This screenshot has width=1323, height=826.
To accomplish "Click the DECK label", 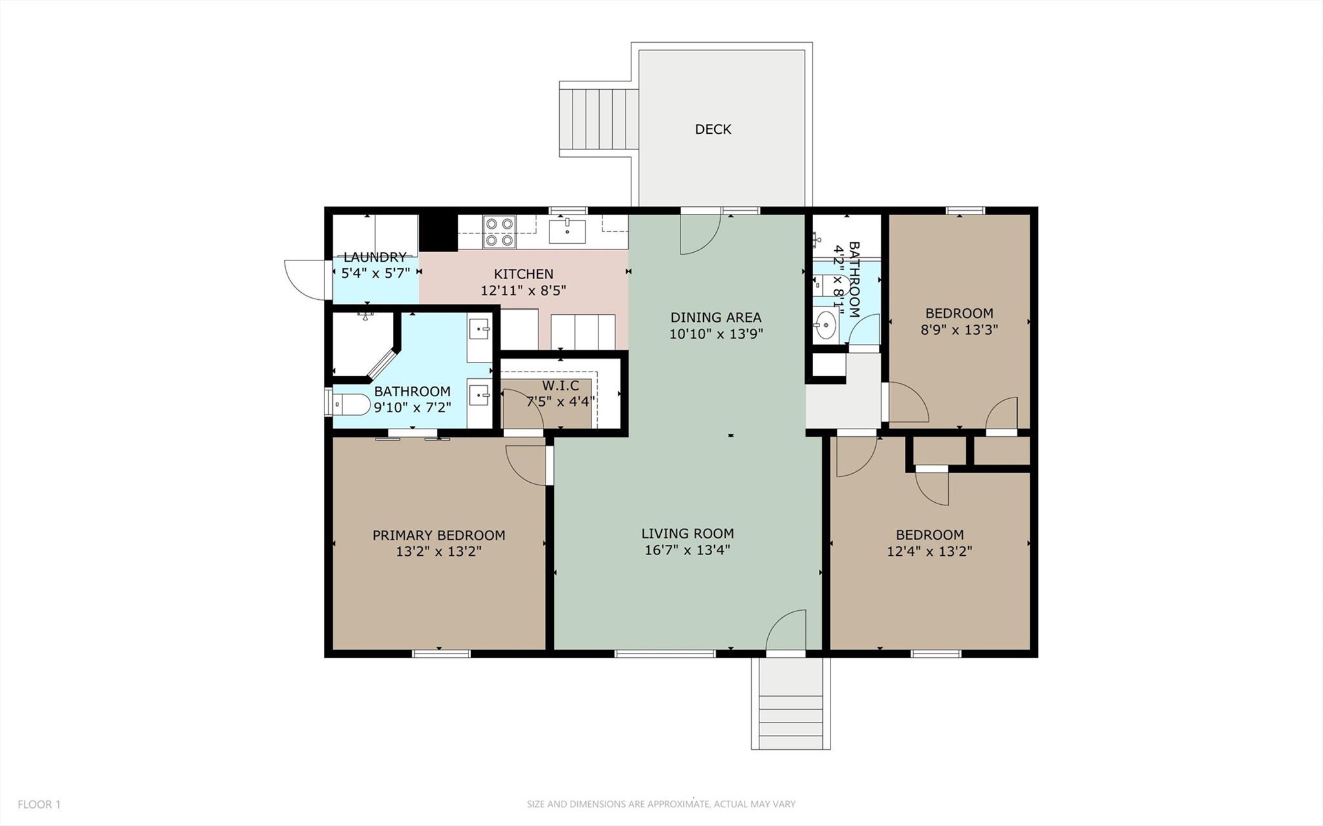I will pos(713,129).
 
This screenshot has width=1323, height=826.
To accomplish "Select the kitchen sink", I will pos(567,231).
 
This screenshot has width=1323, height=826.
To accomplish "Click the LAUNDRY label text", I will pos(375,257).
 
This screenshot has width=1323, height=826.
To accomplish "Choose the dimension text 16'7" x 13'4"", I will pos(687,551).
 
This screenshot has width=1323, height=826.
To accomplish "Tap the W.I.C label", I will pos(560,386).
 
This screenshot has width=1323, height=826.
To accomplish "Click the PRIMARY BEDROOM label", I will pos(439,535).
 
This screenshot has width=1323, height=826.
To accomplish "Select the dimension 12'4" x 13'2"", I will pos(929,551).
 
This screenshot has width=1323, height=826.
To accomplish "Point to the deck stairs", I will pos(598,120).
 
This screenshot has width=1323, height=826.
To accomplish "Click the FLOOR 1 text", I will pos(39,805).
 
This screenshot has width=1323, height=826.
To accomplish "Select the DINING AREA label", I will pos(715,317).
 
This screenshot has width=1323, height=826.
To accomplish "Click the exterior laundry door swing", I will pos(305,280).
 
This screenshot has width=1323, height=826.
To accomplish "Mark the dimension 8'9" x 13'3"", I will pos(959,330).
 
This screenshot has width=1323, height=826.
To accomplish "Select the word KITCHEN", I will pos(524,274).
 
